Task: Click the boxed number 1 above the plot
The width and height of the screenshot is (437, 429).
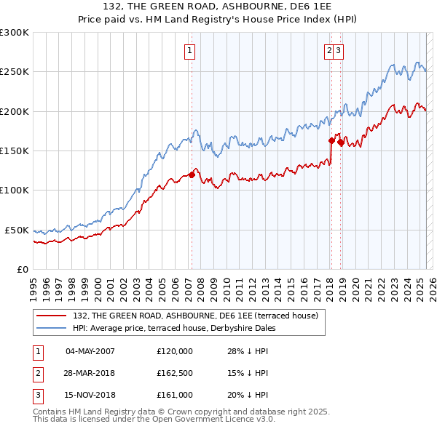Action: (x=189, y=51)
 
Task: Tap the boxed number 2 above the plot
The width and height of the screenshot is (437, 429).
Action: (x=329, y=51)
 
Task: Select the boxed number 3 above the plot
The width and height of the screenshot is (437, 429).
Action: (x=339, y=51)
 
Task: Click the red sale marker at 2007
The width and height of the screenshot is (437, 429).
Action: (x=192, y=175)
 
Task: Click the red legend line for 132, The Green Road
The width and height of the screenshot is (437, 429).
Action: (x=52, y=316)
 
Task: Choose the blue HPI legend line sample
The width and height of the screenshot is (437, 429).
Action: (x=52, y=328)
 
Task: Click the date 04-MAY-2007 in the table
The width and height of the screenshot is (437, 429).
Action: (x=90, y=351)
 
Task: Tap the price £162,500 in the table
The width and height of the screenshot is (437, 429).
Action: (x=175, y=374)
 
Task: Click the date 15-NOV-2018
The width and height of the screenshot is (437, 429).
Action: (x=90, y=396)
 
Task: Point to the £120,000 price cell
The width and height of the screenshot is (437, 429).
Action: (x=175, y=351)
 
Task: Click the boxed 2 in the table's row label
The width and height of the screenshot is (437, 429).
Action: (x=37, y=374)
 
